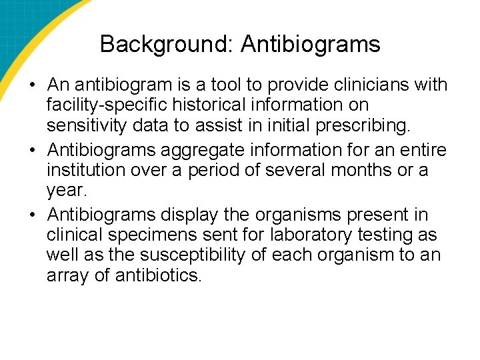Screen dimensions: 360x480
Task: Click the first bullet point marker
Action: point(33,86)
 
